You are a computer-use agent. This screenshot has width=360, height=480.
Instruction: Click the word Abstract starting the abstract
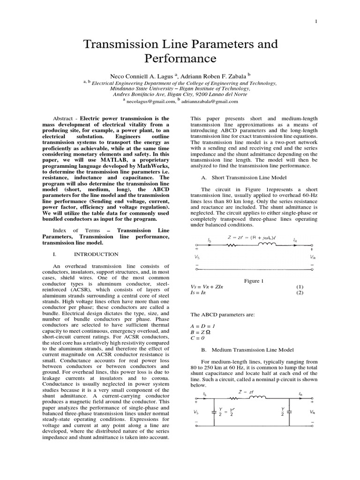point(64,119)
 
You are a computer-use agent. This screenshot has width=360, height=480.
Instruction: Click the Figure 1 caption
point(254,281)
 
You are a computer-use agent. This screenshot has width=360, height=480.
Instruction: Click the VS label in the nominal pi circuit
point(196,412)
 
